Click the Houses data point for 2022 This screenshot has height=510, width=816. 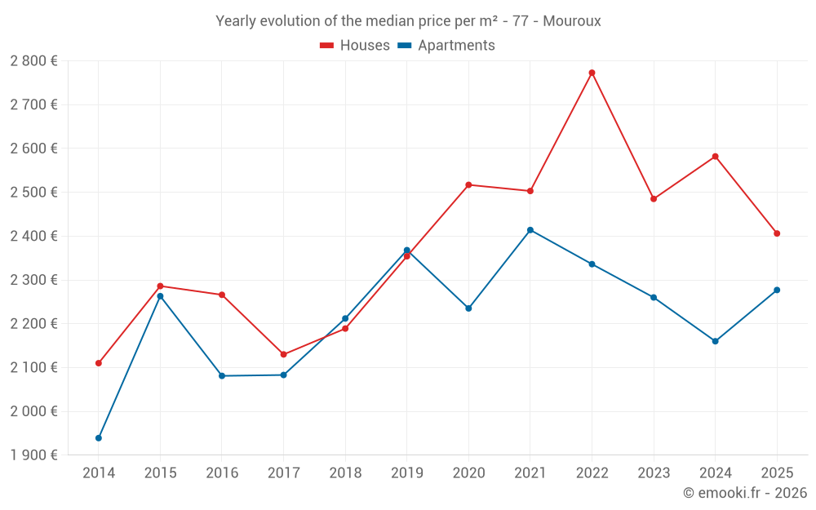coord(592,73)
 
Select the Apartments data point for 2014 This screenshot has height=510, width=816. coord(99,438)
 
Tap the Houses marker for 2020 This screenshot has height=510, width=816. coord(468,184)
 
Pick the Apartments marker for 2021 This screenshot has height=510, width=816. coord(530,230)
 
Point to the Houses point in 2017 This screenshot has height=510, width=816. coord(283,354)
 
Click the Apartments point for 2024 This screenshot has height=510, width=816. coord(715,341)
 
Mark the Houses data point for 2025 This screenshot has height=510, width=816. coord(777,233)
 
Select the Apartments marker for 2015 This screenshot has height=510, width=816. coord(160,296)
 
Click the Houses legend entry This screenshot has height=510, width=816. coord(355,46)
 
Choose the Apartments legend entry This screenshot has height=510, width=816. coord(446,46)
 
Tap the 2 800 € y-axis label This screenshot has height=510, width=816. coord(33,61)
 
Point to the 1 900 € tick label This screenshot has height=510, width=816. coord(33,455)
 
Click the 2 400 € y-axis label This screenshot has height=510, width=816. coord(33,237)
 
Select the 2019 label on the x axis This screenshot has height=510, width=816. coord(406,473)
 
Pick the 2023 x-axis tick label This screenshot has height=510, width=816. coord(654,473)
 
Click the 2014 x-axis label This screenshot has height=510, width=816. coord(99,473)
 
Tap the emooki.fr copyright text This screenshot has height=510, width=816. coord(745,493)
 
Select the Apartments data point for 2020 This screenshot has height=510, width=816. coord(468,308)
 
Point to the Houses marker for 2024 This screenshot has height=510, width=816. coord(715,157)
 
